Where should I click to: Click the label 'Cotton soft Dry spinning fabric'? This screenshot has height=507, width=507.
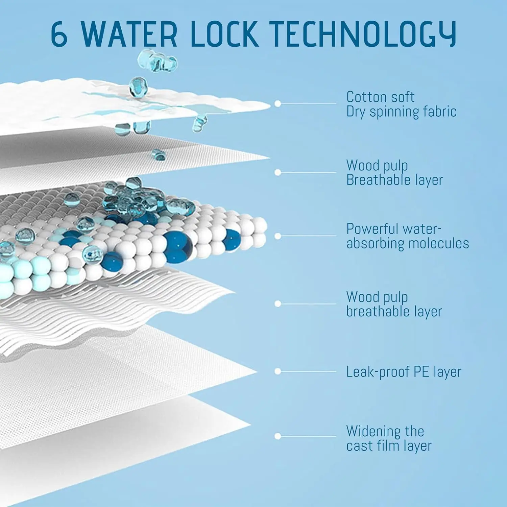pyautogui.click(x=401, y=104)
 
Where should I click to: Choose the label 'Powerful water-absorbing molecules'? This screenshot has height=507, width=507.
pyautogui.click(x=408, y=236)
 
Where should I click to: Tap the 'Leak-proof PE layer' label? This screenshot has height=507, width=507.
pyautogui.click(x=404, y=372)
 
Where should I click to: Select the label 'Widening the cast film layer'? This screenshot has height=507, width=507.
pyautogui.click(x=389, y=438)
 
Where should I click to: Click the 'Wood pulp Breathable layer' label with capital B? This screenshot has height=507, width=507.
pyautogui.click(x=394, y=173)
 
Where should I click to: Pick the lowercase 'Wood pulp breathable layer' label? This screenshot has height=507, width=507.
pyautogui.click(x=394, y=304)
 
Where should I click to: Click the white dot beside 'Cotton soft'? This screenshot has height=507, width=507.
pyautogui.click(x=278, y=103)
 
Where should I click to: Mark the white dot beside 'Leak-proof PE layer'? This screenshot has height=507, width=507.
pyautogui.click(x=278, y=371)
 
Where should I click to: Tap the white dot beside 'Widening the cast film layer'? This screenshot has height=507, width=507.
pyautogui.click(x=278, y=436)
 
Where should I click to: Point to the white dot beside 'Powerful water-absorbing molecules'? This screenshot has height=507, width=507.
pyautogui.click(x=278, y=236)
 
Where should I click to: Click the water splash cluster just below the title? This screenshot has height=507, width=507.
pyautogui.click(x=158, y=61)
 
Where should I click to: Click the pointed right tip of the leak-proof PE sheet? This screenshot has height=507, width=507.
pyautogui.click(x=257, y=372)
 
